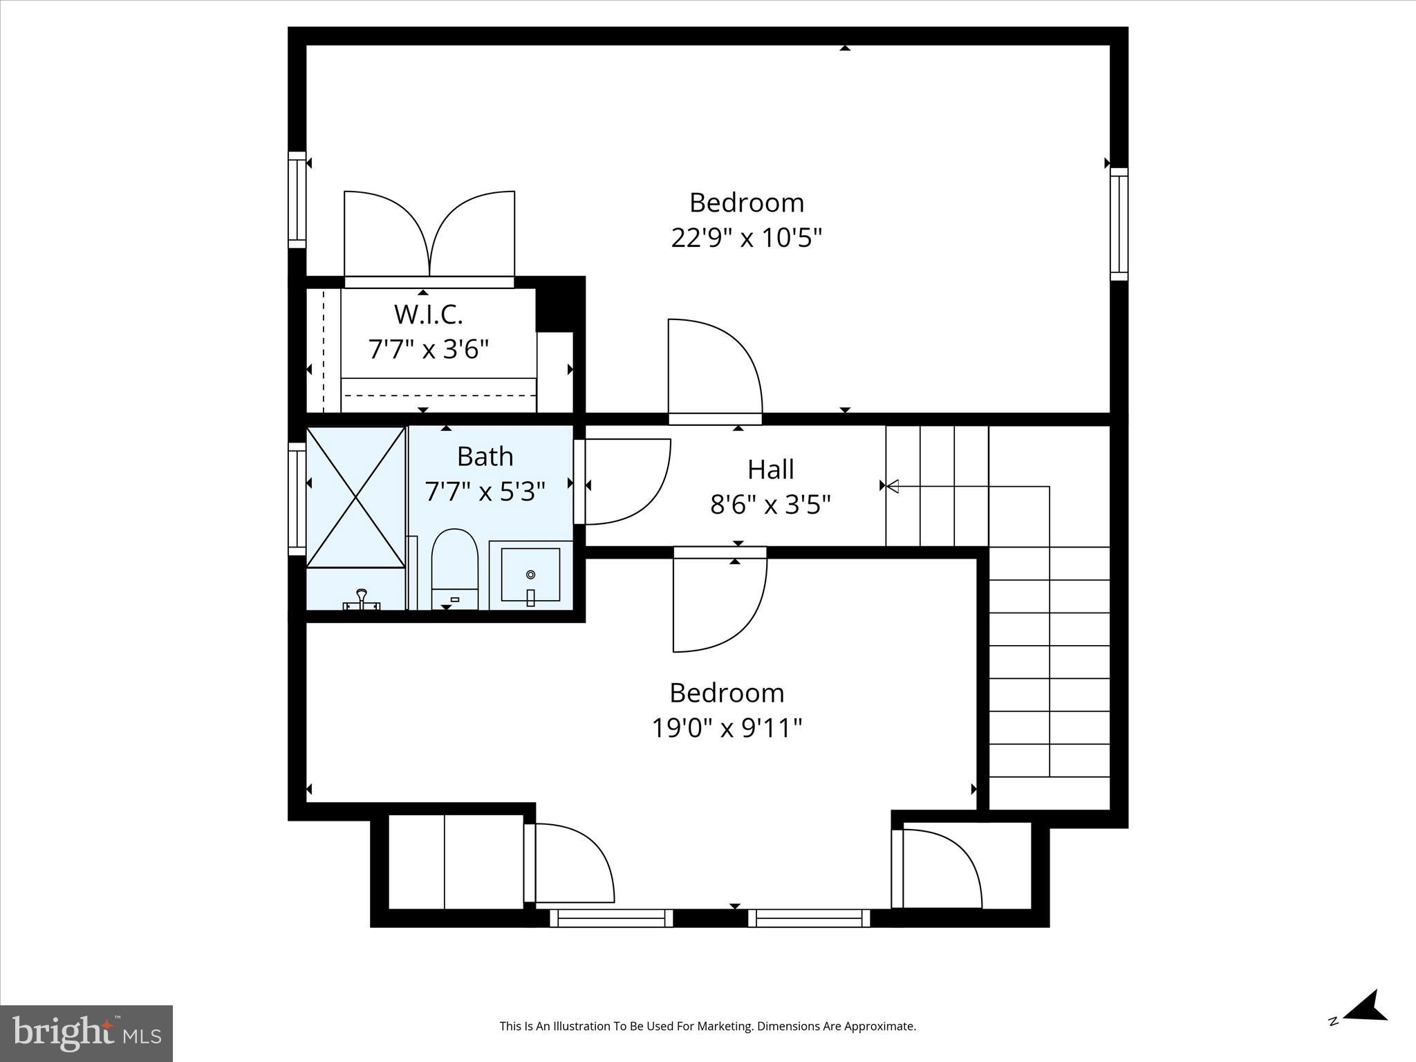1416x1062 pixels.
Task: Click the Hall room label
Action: click(770, 469)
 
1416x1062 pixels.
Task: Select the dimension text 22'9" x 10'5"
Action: click(747, 238)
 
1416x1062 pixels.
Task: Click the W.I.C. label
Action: click(428, 315)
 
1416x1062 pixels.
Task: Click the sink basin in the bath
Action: click(530, 575)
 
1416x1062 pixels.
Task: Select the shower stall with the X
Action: click(355, 497)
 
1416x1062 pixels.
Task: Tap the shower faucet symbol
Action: click(361, 601)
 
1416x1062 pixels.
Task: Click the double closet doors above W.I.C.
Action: click(429, 235)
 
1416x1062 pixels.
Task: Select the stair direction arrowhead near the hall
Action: click(892, 486)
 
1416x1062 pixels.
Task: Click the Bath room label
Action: click(485, 456)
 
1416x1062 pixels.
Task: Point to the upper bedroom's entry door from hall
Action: click(714, 370)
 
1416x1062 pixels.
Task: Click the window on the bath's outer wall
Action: click(297, 498)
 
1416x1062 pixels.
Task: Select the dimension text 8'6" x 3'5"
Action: click(770, 505)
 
